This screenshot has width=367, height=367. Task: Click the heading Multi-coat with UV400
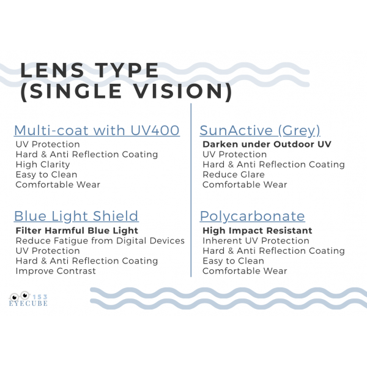pyautogui.click(x=97, y=130)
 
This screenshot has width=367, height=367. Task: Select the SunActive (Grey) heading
pyautogui.click(x=260, y=131)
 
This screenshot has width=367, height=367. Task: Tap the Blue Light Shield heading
pyautogui.click(x=76, y=216)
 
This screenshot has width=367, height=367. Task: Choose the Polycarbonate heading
pyautogui.click(x=252, y=217)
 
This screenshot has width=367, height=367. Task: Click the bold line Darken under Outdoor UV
pyautogui.click(x=267, y=144)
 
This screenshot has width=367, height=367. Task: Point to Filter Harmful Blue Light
pyautogui.click(x=77, y=231)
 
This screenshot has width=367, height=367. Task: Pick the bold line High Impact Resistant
pyautogui.click(x=258, y=231)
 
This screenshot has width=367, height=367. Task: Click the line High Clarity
pyautogui.click(x=43, y=165)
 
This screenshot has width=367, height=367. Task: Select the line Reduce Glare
pyautogui.click(x=234, y=174)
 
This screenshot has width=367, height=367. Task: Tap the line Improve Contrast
pyautogui.click(x=56, y=271)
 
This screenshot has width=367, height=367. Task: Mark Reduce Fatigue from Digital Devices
pyautogui.click(x=100, y=241)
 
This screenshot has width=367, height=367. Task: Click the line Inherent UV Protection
pyautogui.click(x=256, y=241)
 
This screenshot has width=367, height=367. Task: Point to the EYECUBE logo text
pyautogui.click(x=28, y=303)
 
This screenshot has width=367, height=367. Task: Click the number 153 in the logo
pyautogui.click(x=40, y=297)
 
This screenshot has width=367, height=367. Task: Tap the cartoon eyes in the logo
pyautogui.click(x=20, y=296)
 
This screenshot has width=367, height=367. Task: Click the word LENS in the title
pyautogui.click(x=52, y=70)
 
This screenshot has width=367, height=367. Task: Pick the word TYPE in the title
pyautogui.click(x=127, y=70)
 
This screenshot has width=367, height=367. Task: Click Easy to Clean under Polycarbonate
pyautogui.click(x=234, y=261)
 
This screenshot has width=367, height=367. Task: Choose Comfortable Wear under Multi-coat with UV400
pyautogui.click(x=58, y=185)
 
